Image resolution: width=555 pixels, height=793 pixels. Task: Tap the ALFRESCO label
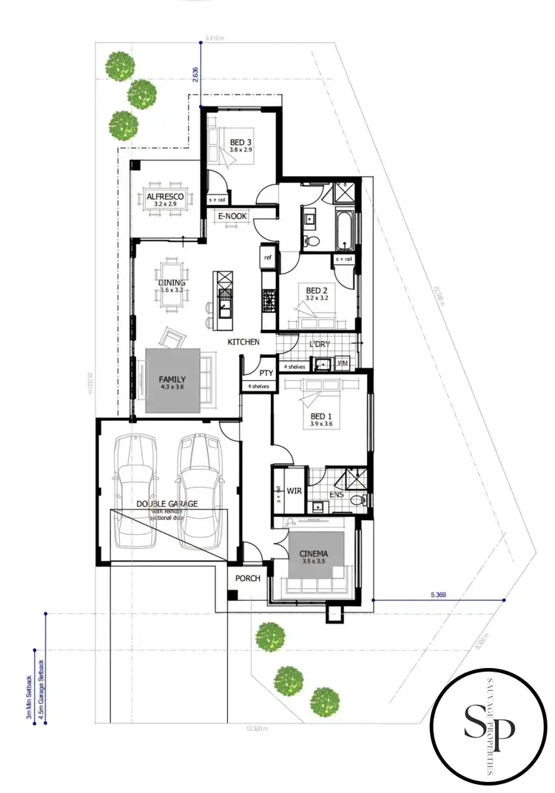[165, 196]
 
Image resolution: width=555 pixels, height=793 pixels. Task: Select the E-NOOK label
[232, 216]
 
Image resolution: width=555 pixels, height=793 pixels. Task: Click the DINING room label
[172, 283]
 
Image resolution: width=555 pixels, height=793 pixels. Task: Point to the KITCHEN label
[243, 342]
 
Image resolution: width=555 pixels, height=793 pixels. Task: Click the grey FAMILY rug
[172, 380]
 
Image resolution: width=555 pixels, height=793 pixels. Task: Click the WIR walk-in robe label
[292, 490]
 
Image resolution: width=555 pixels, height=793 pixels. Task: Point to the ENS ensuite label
[336, 495]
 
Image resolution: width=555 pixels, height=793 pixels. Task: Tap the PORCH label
[248, 578]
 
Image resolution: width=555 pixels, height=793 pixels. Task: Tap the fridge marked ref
[268, 257]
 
